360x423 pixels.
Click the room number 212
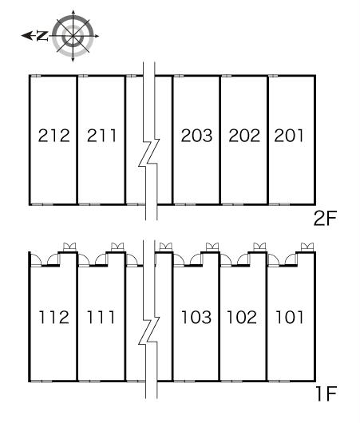(54, 136)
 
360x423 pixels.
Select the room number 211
(101, 136)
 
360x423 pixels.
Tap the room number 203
(196, 136)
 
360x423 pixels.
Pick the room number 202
(244, 136)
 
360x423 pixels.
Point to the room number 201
(289, 136)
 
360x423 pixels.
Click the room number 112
(54, 317)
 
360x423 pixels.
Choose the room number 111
(101, 317)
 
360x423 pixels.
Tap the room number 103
(196, 317)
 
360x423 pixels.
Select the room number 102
(242, 317)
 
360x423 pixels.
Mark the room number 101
(289, 317)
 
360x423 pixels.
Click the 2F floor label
(325, 218)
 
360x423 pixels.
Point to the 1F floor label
(326, 393)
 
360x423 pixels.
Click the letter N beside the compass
(42, 36)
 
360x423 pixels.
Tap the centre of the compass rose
(73, 36)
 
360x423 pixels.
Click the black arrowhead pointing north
(26, 36)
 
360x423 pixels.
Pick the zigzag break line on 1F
(149, 330)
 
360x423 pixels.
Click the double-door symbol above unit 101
(307, 247)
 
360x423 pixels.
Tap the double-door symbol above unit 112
(69, 247)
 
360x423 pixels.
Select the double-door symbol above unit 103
(212, 247)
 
